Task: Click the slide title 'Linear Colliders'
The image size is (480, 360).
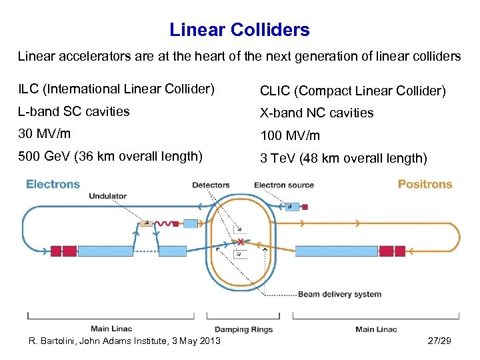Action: (239, 30)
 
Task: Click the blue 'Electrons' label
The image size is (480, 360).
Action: (53, 184)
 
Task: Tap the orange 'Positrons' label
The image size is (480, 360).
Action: (425, 184)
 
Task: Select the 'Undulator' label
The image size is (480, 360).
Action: (107, 196)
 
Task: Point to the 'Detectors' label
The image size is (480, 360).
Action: (211, 185)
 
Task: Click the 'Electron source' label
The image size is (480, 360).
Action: (284, 185)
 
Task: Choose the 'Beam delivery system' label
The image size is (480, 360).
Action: (339, 294)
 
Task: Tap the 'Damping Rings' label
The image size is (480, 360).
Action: (240, 329)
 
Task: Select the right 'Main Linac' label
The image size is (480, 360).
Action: (376, 329)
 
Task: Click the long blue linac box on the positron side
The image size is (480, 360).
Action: (336, 251)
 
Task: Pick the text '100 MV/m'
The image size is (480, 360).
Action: (290, 136)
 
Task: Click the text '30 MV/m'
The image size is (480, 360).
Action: (44, 133)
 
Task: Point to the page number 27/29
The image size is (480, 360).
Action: (439, 341)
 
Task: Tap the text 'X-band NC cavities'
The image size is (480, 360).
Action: (317, 113)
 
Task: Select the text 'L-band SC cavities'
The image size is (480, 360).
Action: (74, 111)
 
